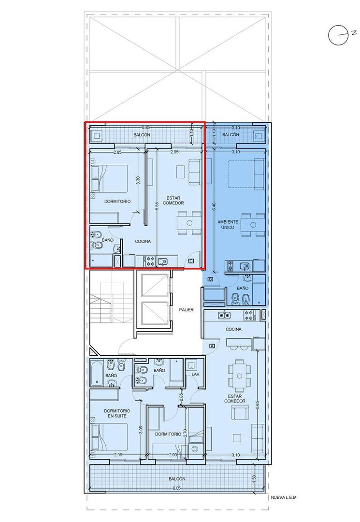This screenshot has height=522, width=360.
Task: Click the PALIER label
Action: tap(186, 310)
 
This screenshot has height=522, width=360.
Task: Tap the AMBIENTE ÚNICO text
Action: tap(228, 224)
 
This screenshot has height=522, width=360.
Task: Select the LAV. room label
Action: tap(196, 374)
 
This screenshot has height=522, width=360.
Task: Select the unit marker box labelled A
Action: tap(212, 346)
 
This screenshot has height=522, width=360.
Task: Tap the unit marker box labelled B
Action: tap(210, 279)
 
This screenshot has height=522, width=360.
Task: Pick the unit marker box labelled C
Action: tap(191, 261)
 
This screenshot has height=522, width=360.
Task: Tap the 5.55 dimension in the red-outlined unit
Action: tap(158, 205)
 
